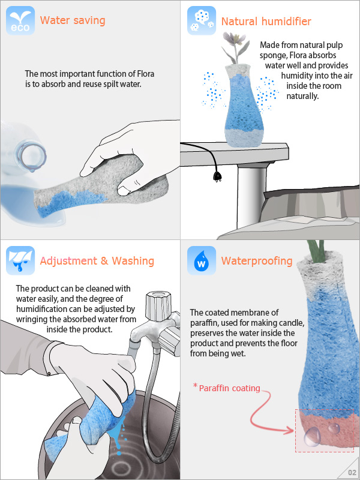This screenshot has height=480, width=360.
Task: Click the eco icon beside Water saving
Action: [x=20, y=20]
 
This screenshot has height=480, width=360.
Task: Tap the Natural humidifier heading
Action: [x=266, y=22]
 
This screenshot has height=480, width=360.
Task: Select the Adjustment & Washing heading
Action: [x=97, y=261]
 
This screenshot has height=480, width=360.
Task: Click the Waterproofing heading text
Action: [x=257, y=261]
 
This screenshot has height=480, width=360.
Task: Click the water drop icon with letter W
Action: [x=202, y=260]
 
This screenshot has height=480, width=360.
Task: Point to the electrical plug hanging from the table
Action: [x=218, y=176]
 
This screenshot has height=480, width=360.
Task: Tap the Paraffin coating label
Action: [x=229, y=388]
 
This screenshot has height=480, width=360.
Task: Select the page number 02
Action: [x=352, y=473]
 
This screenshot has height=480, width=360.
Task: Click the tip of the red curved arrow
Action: [x=293, y=431]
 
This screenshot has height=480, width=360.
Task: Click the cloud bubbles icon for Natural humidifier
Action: [x=202, y=20]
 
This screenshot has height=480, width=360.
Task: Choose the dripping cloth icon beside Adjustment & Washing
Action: [x=20, y=260]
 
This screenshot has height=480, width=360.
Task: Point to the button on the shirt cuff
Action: [x=49, y=373]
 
